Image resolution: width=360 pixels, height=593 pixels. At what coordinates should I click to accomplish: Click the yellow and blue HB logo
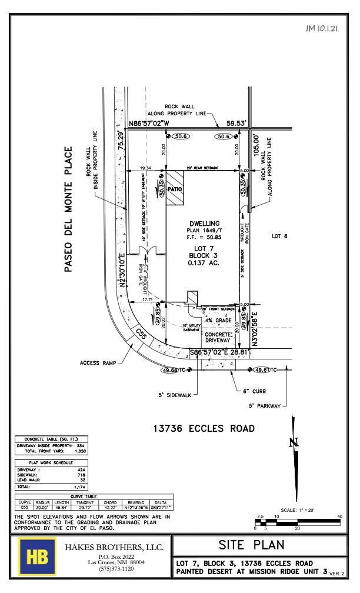[x=38, y=556]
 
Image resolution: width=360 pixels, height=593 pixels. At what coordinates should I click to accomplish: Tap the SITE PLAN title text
[x=259, y=545]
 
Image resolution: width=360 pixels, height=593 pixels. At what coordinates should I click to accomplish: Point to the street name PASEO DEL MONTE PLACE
[x=69, y=209]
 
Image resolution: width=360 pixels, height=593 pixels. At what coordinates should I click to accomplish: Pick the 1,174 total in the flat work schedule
[x=79, y=487]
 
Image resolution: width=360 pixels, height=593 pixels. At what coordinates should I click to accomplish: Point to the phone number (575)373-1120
[x=115, y=569]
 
